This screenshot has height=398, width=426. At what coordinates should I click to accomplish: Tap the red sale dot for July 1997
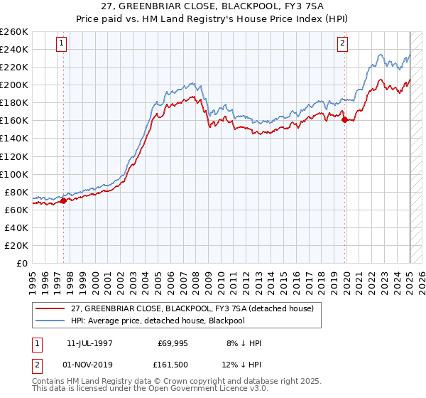(x=63, y=200)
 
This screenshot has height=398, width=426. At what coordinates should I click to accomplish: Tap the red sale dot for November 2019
(x=345, y=119)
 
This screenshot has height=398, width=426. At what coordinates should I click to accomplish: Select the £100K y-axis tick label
(x=14, y=174)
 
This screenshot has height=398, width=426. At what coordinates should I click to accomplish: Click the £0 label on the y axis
(x=23, y=263)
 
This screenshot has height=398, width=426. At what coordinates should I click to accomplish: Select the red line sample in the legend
(x=51, y=308)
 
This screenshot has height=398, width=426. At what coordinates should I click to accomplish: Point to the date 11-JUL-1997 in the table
(x=97, y=343)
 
